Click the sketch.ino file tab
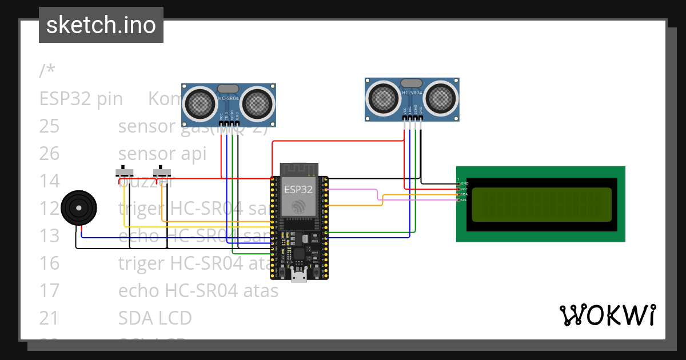[x=101, y=25]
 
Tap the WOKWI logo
[x=607, y=315]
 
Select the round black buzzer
[x=79, y=209]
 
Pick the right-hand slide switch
[x=162, y=172]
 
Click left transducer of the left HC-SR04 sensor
[x=200, y=103]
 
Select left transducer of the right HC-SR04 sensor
[x=384, y=98]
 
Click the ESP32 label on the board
[x=298, y=189]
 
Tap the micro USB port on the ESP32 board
[x=298, y=278]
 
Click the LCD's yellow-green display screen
[x=541, y=204]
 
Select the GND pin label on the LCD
[x=464, y=183]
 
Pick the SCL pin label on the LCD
[x=464, y=200]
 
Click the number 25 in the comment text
[x=49, y=126]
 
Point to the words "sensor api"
[x=162, y=154]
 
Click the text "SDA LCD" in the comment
[x=154, y=318]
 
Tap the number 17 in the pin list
[x=49, y=291]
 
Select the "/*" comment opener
[x=47, y=71]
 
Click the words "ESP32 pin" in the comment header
[x=81, y=99]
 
